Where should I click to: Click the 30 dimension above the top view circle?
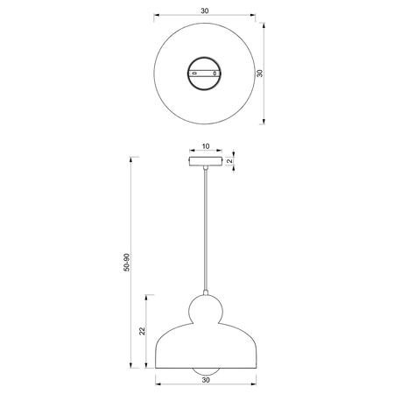pyautogui.click(x=205, y=11)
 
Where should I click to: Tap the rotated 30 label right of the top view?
pyautogui.click(x=259, y=74)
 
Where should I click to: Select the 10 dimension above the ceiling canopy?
pyautogui.click(x=206, y=146)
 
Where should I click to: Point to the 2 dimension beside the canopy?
pyautogui.click(x=229, y=160)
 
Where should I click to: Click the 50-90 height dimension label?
pyautogui.click(x=126, y=263)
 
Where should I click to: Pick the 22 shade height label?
pyautogui.click(x=142, y=331)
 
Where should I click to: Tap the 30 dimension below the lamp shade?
pyautogui.click(x=206, y=380)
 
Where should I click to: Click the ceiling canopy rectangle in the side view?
pyautogui.click(x=206, y=161)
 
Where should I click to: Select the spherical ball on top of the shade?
pyautogui.click(x=206, y=310)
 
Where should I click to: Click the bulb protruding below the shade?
pyautogui.click(x=206, y=371)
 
